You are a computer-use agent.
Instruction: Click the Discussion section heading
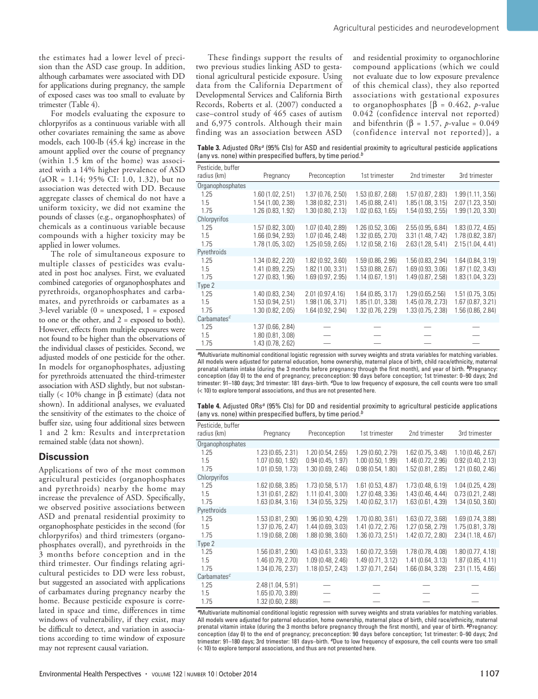(x=64, y=457)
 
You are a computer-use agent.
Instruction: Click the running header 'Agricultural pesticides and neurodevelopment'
(x=416, y=28)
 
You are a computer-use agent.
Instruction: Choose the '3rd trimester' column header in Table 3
(x=475, y=176)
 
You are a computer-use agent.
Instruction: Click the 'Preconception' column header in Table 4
(x=326, y=433)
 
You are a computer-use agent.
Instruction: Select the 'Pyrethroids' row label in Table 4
(x=211, y=510)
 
